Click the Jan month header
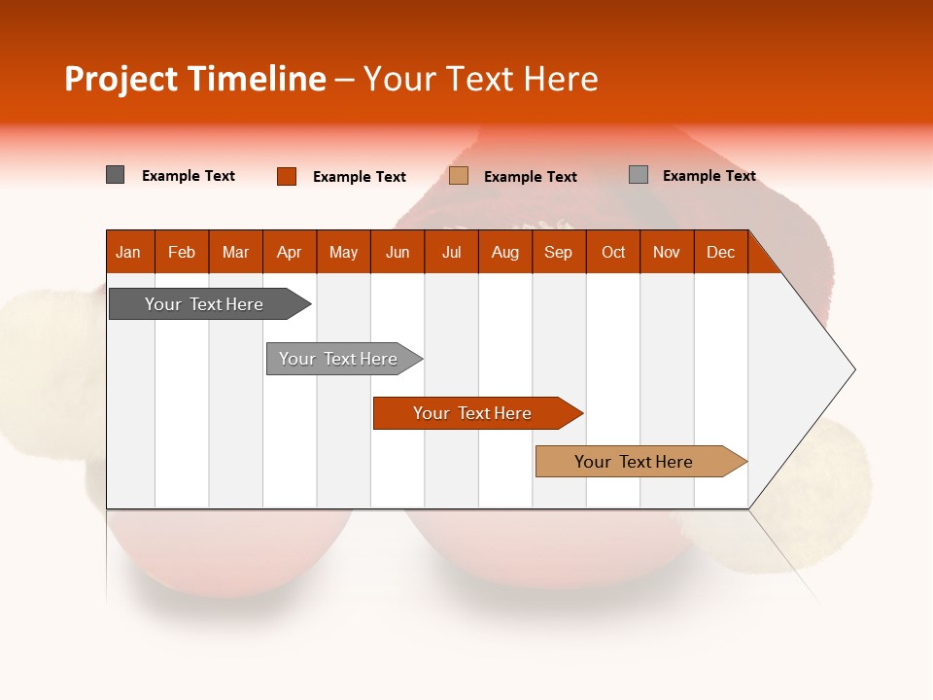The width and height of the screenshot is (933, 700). pyautogui.click(x=128, y=253)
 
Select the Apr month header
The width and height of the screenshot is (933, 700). pyautogui.click(x=290, y=253)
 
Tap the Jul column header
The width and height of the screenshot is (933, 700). pyautogui.click(x=452, y=253)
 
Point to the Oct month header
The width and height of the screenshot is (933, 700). pyautogui.click(x=613, y=253)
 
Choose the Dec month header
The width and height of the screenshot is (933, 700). pyautogui.click(x=720, y=253)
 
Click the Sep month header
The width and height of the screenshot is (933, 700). pyautogui.click(x=558, y=253)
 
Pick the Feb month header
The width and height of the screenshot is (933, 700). pyautogui.click(x=182, y=253)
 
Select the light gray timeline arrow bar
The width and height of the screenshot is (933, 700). pyautogui.click(x=344, y=359)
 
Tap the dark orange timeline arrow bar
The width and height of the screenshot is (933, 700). pyautogui.click(x=478, y=413)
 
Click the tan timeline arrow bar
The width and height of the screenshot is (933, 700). pyautogui.click(x=641, y=461)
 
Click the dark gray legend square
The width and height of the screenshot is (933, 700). pyautogui.click(x=115, y=175)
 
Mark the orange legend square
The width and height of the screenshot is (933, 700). pyautogui.click(x=287, y=176)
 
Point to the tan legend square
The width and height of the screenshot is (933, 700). pyautogui.click(x=458, y=176)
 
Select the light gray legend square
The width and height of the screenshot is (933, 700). pyautogui.click(x=639, y=174)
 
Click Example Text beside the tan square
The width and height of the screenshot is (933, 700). pyautogui.click(x=531, y=177)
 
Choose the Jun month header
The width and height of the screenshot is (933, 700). pyautogui.click(x=397, y=253)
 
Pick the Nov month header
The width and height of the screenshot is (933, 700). pyautogui.click(x=667, y=253)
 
